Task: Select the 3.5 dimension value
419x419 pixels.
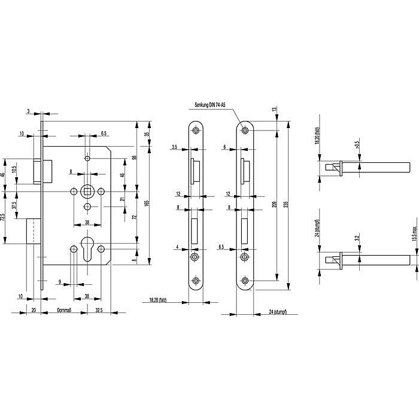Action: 174,146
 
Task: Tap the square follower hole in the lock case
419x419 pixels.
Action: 87,191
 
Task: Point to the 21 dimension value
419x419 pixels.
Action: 122,199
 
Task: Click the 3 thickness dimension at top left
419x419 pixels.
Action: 29,111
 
